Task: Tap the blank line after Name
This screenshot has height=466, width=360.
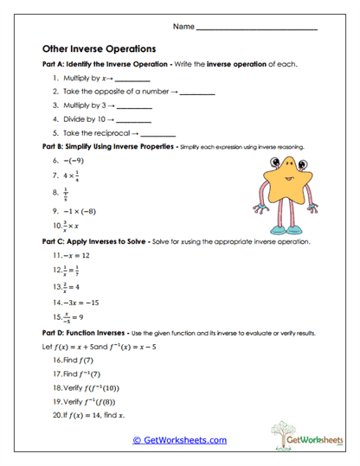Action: pyautogui.click(x=257, y=29)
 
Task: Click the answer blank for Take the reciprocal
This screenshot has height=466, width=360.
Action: pyautogui.click(x=157, y=134)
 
